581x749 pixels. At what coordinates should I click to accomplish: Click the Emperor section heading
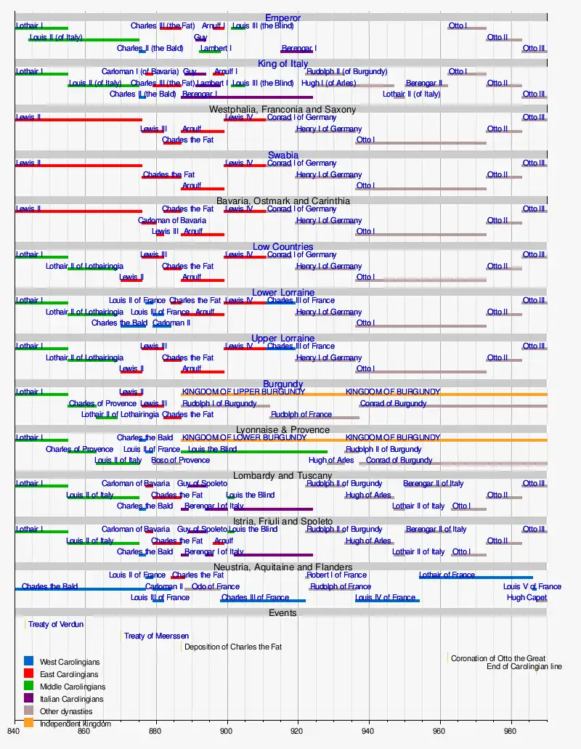tap(283, 17)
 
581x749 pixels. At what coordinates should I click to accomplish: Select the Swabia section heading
tap(283, 155)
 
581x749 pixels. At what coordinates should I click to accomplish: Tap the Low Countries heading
tap(283, 247)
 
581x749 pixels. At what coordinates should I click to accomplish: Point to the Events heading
tap(283, 612)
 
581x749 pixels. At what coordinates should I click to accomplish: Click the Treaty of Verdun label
tap(56, 624)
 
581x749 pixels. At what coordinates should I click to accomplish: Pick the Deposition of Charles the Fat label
tap(233, 647)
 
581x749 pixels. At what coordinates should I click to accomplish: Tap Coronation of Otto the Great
tap(497, 658)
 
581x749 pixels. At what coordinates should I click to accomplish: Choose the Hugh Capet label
tap(527, 598)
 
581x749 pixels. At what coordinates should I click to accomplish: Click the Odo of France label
tap(216, 586)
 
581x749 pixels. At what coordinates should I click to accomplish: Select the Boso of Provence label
tap(180, 460)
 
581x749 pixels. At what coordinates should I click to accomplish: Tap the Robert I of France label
tap(336, 575)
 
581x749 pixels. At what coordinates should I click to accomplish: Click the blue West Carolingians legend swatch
tap(29, 662)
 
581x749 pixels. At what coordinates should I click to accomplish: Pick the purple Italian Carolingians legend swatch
tap(29, 699)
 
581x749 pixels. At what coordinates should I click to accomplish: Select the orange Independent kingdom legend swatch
tap(29, 723)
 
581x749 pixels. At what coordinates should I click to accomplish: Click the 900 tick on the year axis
tap(227, 732)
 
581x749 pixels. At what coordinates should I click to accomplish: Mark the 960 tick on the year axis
tap(440, 732)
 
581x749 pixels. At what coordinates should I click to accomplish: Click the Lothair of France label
tap(447, 575)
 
